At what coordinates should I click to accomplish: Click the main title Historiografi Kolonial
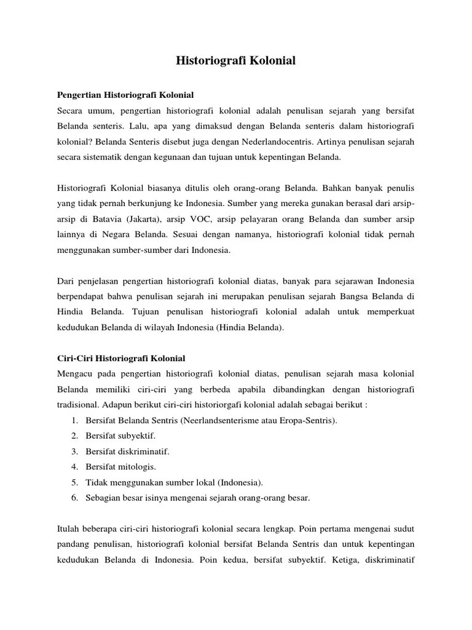(x=236, y=60)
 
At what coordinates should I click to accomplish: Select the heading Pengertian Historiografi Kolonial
(x=125, y=95)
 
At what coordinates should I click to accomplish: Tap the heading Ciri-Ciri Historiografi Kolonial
(x=121, y=358)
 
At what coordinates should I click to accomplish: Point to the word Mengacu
(x=75, y=374)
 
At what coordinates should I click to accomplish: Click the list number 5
(x=73, y=482)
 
